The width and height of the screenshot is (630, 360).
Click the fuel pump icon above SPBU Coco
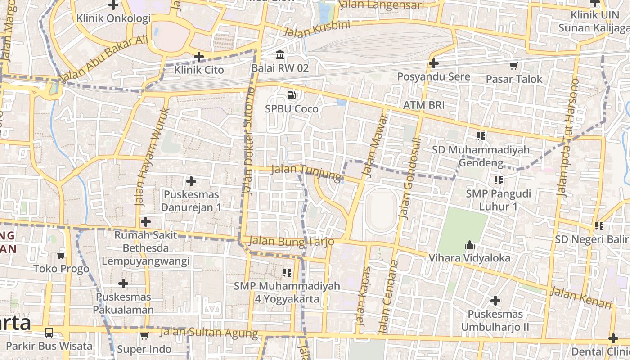pos(292,95)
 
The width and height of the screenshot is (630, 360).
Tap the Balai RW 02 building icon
pos(280,55)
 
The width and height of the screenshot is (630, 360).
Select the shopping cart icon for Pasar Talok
pos(513,66)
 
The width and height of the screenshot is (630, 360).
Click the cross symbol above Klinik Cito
pos(198,57)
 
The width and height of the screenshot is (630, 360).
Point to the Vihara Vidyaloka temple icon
pos(469,245)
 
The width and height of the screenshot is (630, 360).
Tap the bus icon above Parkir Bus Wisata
pos(49,333)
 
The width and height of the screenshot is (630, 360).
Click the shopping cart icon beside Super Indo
pos(144,336)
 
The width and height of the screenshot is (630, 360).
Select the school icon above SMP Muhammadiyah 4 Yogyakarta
pos(287,273)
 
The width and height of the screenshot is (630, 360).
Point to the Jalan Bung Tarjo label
pos(291,241)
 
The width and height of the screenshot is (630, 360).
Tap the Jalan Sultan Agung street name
pos(209,333)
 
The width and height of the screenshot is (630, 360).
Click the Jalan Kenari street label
pos(582,298)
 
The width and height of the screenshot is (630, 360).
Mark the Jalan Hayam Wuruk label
pos(152,156)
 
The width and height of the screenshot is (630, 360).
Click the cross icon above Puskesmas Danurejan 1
pos(191,182)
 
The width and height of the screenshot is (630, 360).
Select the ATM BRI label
pos(423,105)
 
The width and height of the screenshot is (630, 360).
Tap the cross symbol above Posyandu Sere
pos(433,64)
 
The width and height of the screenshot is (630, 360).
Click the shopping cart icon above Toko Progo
pos(61,256)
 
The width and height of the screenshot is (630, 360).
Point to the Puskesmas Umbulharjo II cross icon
pos(495,301)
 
